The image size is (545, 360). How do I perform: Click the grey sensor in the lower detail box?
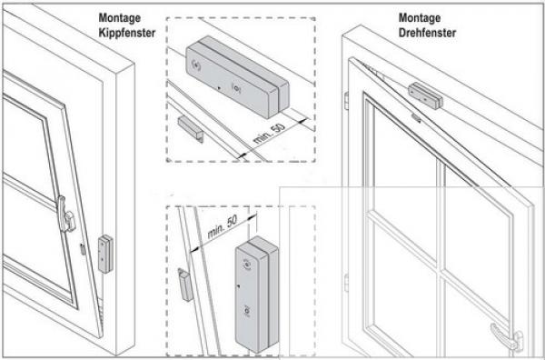click(x=254, y=291)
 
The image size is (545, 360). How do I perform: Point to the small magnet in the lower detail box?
click(x=184, y=285)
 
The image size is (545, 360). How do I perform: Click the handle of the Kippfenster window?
click(x=64, y=214)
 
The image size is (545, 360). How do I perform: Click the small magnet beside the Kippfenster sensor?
click(x=84, y=248)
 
